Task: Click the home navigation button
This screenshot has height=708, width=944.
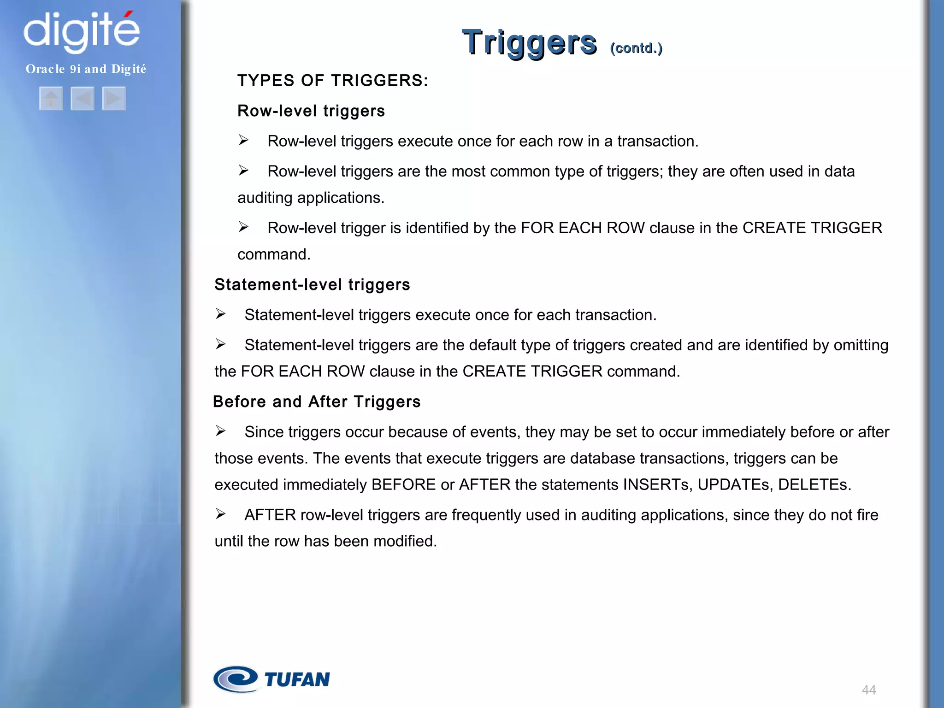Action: (x=51, y=99)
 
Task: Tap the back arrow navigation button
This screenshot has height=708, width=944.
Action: (x=83, y=99)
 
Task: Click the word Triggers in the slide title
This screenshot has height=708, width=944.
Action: (x=529, y=43)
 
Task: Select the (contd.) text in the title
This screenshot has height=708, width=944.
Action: (x=636, y=48)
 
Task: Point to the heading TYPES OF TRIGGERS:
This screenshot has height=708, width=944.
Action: (x=333, y=81)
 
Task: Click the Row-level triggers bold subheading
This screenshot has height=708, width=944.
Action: (x=311, y=111)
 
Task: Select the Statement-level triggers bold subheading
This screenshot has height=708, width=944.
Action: (x=312, y=285)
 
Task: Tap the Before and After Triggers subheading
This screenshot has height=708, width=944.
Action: (x=317, y=402)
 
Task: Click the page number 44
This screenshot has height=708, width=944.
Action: (x=868, y=690)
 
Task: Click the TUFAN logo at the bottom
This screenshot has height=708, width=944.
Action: (x=272, y=679)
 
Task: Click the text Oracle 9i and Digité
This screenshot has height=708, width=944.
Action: (x=86, y=69)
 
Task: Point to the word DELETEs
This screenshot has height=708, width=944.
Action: (x=814, y=485)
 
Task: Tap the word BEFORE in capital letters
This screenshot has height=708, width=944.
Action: (x=403, y=485)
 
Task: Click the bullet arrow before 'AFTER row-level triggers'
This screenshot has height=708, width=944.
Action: (x=221, y=514)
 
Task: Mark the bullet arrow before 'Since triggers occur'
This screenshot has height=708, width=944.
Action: (x=221, y=431)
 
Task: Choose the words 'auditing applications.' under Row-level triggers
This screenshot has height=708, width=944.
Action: (x=311, y=198)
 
